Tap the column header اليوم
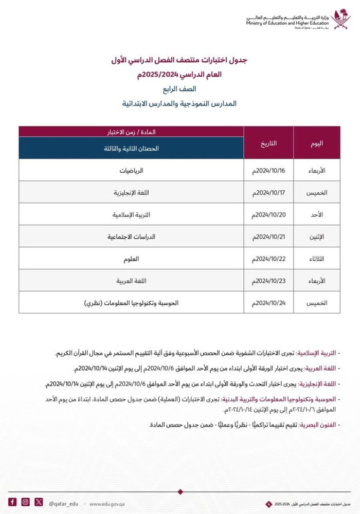click(317, 143)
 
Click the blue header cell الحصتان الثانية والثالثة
click(131, 148)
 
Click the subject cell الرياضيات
click(132, 170)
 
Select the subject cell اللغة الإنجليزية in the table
click(132, 192)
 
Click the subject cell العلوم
click(132, 259)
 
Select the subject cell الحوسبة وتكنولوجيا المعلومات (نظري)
click(132, 303)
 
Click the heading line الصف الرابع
click(179, 89)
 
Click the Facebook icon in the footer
click(12, 502)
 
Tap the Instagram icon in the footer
click(26, 502)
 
